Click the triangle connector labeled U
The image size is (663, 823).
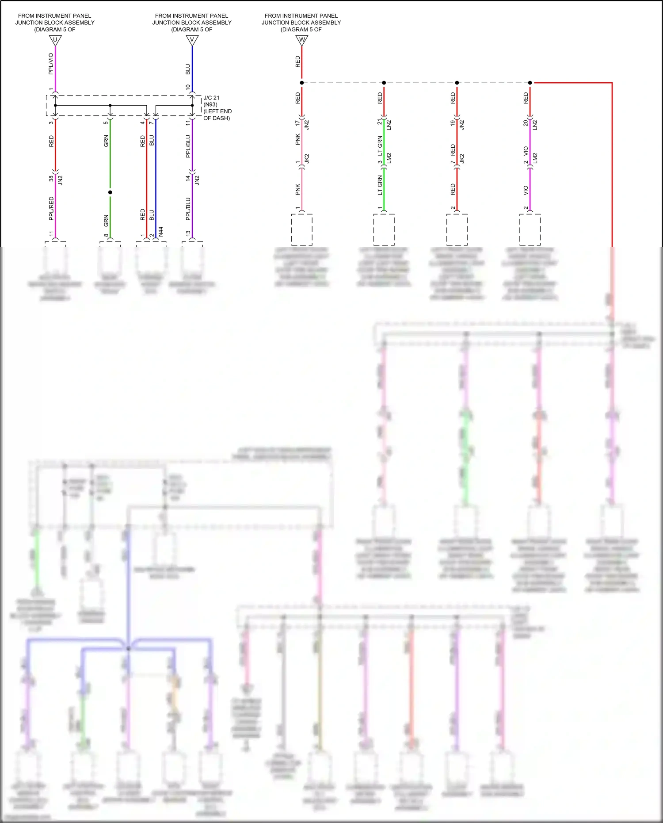click(55, 40)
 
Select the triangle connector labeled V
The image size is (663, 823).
click(192, 40)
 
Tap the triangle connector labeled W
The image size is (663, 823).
click(301, 40)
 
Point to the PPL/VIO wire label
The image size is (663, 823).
click(51, 64)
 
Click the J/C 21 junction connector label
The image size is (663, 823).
click(211, 98)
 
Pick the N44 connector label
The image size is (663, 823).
click(161, 231)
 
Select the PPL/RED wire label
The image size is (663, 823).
click(51, 208)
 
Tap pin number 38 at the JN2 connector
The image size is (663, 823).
click(51, 178)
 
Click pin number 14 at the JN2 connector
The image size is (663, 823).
click(188, 178)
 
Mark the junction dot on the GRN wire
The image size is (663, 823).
click(110, 192)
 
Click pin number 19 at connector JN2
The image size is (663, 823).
click(453, 122)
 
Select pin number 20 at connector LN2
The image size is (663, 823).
click(526, 122)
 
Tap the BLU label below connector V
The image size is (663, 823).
click(188, 69)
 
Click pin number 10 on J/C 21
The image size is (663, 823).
click(188, 88)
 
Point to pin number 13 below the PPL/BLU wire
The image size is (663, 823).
click(188, 233)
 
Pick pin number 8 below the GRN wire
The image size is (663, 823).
click(106, 235)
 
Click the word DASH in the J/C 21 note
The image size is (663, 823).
click(221, 118)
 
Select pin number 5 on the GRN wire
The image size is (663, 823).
click(106, 122)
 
